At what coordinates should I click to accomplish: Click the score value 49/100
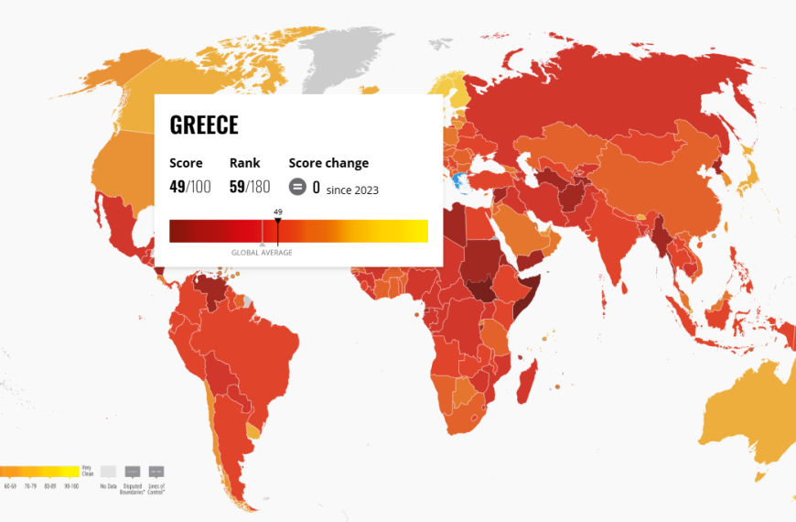point(189,187)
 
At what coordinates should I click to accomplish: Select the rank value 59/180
point(250,187)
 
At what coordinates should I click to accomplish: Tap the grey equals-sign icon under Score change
point(297,187)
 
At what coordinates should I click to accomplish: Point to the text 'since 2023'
point(352,190)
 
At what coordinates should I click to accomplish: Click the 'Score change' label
point(328,163)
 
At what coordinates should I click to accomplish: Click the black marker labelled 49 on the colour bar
point(278,221)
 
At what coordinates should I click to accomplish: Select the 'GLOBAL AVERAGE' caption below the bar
point(262,253)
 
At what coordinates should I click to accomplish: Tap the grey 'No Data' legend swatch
point(109,472)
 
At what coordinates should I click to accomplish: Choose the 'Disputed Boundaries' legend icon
point(133,472)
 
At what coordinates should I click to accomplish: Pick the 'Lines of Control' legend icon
point(156,472)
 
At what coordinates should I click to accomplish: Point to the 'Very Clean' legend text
point(87,470)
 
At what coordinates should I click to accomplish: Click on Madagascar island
point(526,380)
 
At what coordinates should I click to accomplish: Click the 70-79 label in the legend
point(31,485)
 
